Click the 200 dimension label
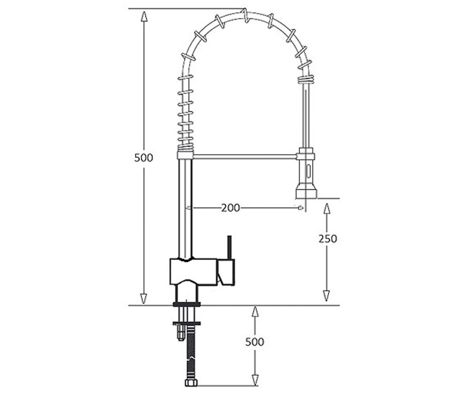230,208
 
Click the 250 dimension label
328,239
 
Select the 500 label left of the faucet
144,158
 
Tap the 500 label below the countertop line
255,342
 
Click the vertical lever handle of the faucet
230,247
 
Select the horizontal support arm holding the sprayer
245,156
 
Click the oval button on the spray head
308,171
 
